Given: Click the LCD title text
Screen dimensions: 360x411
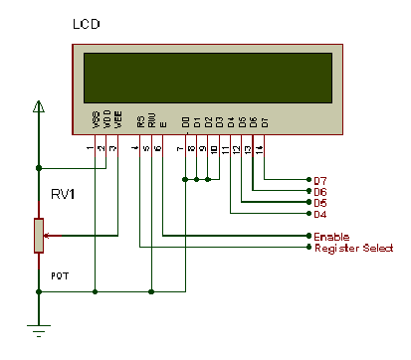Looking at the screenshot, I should pyautogui.click(x=87, y=22).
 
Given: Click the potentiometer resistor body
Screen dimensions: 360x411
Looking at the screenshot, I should pyautogui.click(x=38, y=236).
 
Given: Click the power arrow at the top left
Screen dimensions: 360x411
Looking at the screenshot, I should pyautogui.click(x=38, y=106).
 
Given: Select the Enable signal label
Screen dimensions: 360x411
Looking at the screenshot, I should pyautogui.click(x=331, y=237).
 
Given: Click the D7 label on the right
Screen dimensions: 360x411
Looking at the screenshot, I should pyautogui.click(x=320, y=179).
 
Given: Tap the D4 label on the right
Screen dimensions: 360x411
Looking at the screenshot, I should pyautogui.click(x=320, y=214).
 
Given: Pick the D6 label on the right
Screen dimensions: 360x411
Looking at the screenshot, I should pyautogui.click(x=320, y=191).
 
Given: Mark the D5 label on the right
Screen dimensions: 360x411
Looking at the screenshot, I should pyautogui.click(x=320, y=202).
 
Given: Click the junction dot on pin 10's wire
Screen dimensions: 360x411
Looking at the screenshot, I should pyautogui.click(x=208, y=179).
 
